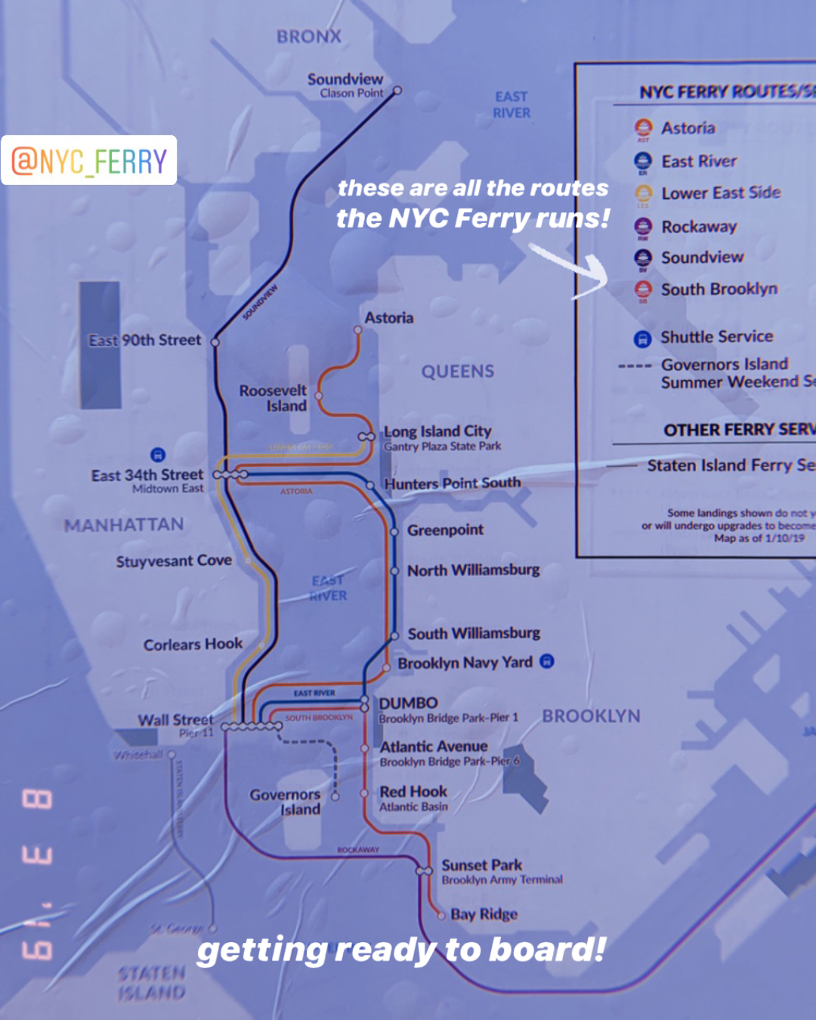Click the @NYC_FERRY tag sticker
89,160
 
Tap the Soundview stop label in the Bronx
345,79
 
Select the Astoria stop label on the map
388,318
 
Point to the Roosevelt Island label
274,398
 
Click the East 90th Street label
145,341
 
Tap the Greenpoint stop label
445,530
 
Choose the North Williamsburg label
473,570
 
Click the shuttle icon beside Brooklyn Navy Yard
547,661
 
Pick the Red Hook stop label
413,792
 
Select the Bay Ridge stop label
484,914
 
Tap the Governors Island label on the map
286,802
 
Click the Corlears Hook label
193,644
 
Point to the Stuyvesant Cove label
174,561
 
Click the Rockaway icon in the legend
643,226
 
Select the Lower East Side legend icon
643,193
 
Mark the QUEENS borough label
458,371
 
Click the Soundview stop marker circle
397,91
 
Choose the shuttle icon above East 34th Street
157,454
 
